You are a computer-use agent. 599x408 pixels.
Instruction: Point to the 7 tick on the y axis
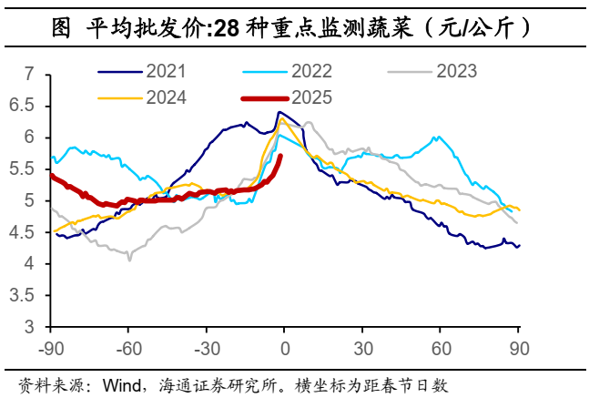point(28,74)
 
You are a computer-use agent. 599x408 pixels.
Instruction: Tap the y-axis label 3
point(28,327)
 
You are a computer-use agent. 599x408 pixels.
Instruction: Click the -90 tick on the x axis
point(50,347)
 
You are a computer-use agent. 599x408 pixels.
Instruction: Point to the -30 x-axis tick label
point(206,347)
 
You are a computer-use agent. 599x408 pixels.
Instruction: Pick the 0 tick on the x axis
point(285,347)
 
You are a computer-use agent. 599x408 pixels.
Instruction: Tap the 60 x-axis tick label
point(441,347)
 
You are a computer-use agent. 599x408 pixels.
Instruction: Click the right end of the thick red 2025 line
point(280,157)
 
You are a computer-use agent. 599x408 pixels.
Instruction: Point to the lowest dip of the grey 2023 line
point(129,260)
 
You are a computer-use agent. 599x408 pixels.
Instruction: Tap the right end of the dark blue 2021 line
point(519,245)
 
